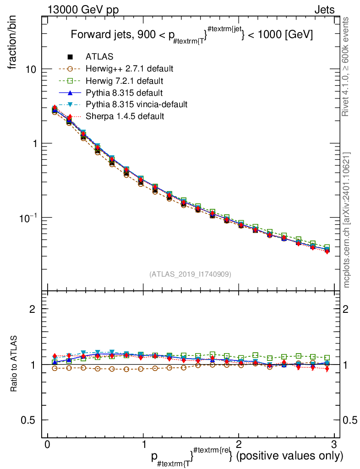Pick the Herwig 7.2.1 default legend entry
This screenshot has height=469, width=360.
pos(124,81)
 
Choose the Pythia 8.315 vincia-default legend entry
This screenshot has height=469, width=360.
pos(136,104)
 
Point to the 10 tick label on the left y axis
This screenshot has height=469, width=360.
pos(31,69)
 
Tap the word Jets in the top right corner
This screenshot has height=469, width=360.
pos(324,10)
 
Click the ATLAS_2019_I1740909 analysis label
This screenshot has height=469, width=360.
pos(190,274)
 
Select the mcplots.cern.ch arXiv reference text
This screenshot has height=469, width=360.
pos(347,220)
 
